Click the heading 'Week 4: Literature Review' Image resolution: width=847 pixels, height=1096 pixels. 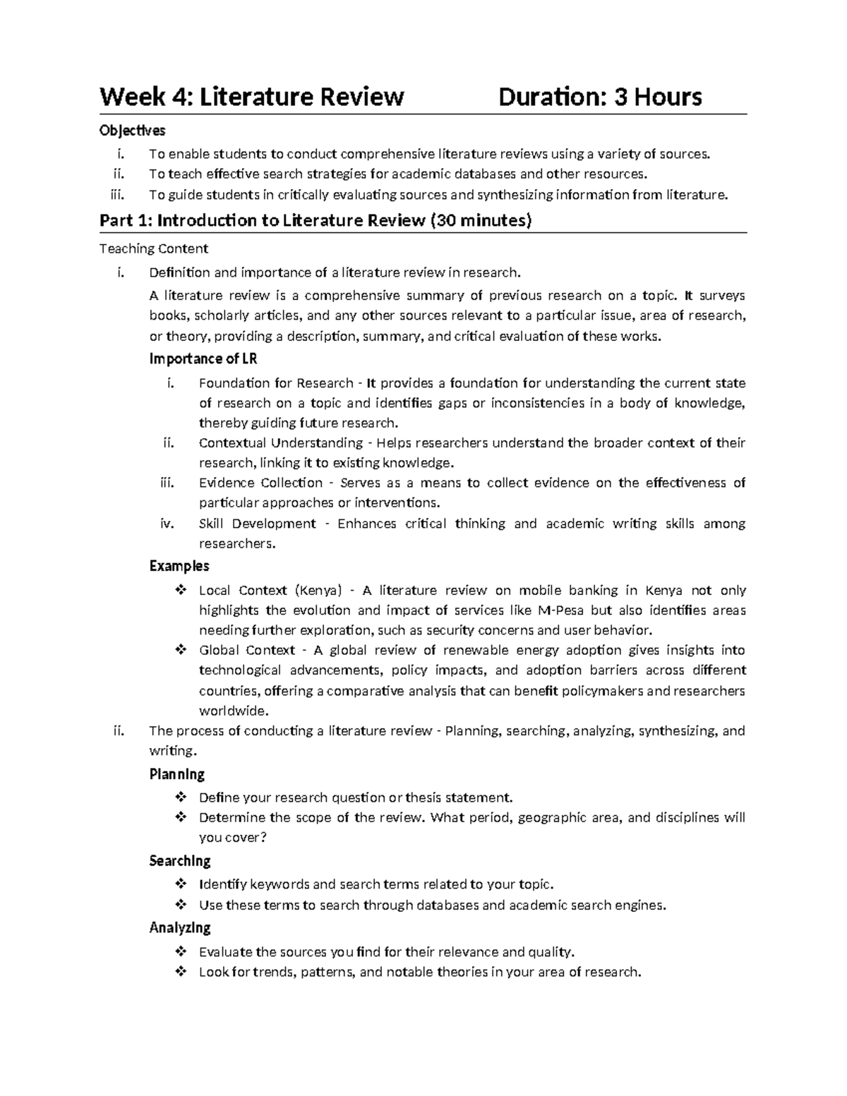tap(251, 97)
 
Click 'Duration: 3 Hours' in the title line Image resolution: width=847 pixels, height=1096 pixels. tap(600, 97)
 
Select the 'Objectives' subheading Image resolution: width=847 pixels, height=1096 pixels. tap(133, 131)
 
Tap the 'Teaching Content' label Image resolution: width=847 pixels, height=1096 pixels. tap(154, 248)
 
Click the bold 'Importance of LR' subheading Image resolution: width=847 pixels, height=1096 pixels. tap(203, 359)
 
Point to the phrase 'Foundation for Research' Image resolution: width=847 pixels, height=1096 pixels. tap(276, 383)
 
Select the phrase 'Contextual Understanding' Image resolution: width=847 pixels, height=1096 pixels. tap(281, 443)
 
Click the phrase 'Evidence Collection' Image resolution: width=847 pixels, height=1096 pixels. tap(260, 483)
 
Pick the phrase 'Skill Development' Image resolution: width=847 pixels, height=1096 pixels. tap(258, 524)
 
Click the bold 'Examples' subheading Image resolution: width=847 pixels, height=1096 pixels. tap(179, 566)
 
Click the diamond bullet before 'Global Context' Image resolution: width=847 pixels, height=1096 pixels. tap(180, 650)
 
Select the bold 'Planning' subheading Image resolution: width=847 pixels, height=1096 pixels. tap(177, 774)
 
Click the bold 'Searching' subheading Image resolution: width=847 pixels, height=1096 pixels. tap(180, 861)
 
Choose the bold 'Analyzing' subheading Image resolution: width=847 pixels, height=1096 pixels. tap(180, 927)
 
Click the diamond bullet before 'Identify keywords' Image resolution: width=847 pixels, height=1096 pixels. tap(180, 884)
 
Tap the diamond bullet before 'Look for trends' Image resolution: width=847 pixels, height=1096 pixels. tap(180, 972)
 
